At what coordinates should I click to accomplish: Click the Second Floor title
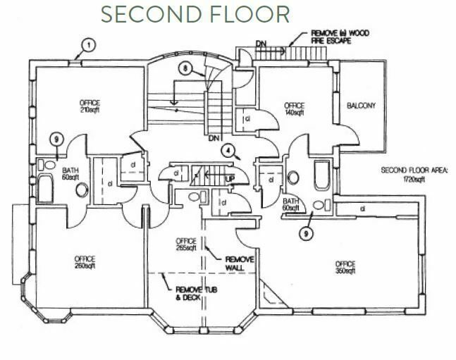(195, 14)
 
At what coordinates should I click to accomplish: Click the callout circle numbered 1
(87, 45)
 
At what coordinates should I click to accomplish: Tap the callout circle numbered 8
(185, 70)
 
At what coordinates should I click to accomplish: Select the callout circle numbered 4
(228, 149)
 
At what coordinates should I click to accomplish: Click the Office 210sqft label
(91, 107)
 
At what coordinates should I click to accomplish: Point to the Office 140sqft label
(294, 108)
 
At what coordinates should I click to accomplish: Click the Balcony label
(361, 106)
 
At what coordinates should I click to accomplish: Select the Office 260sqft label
(85, 262)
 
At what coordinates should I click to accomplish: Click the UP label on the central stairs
(230, 179)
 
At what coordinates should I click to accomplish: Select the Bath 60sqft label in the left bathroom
(70, 174)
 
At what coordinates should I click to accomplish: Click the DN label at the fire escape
(261, 44)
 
